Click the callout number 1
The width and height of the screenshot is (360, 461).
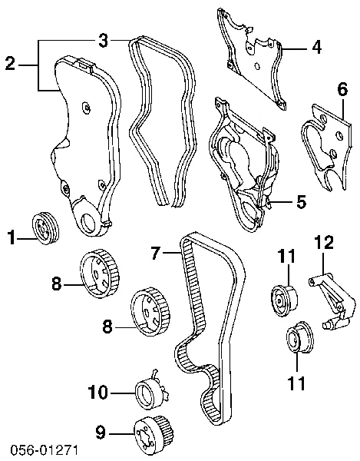click(x=12, y=237)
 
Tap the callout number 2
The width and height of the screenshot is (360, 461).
click(x=10, y=64)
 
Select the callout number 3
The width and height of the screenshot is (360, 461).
click(x=104, y=40)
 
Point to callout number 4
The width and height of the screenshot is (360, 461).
click(x=316, y=47)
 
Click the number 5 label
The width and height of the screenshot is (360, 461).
click(x=302, y=202)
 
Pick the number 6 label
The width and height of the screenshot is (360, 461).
click(x=342, y=89)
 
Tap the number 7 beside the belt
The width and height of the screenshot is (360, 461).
click(x=156, y=253)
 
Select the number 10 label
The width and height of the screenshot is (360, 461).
click(x=98, y=392)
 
